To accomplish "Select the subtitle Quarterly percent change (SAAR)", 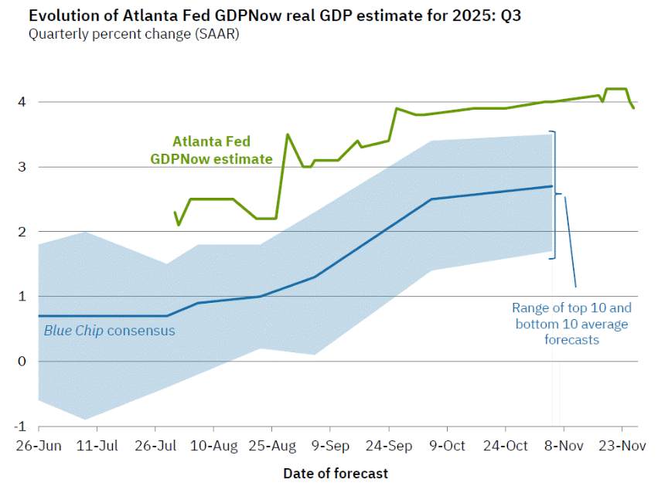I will coord(134,34).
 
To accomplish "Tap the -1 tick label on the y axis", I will coord(21,427).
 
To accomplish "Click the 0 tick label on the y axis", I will coord(23,362).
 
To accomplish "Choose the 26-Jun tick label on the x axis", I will coord(39,446).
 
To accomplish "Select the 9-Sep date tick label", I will coord(330,446).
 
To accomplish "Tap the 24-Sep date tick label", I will coord(388,446).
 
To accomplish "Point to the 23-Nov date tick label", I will coord(622,446).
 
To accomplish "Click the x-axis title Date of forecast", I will coord(336,472).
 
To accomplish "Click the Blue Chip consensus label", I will coord(109,331).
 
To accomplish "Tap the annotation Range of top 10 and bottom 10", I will coord(572,323).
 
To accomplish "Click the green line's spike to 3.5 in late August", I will coord(288,134).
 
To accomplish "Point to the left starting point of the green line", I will coord(176,212).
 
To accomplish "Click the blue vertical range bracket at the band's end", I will coord(553,195).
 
